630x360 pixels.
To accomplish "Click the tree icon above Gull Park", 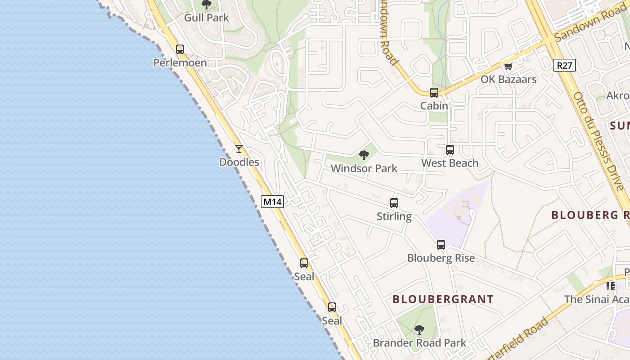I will point(207,5).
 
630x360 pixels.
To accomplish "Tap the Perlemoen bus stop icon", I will point(180,49).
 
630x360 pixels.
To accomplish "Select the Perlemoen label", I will point(180,63).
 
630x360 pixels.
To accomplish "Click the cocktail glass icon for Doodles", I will point(239,149).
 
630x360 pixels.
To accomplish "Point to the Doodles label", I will point(239,162).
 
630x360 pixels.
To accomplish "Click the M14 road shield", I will point(272,202).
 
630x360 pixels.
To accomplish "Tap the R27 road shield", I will point(564,66).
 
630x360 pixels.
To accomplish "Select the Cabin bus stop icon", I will point(434,93).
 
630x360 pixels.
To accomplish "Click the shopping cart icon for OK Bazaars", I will point(508,67).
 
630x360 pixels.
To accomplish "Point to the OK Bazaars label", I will point(508,80).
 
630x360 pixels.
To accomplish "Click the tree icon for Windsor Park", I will point(364,156).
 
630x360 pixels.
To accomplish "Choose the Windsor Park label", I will point(364,168).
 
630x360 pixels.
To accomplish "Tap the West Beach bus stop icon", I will point(450,150).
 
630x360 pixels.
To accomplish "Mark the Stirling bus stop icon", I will point(394,203).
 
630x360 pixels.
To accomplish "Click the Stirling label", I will point(394,216).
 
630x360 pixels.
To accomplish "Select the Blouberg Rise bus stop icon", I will point(441,245).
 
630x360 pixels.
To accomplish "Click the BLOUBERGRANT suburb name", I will point(443,299).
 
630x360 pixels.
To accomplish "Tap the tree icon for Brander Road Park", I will point(419,330).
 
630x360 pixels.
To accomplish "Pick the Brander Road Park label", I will point(419,343).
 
